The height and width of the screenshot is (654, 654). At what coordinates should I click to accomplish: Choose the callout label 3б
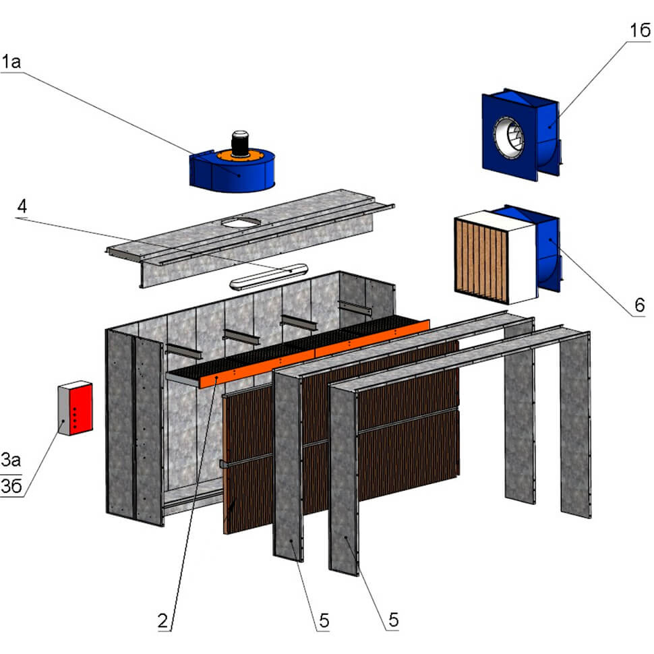tap(11, 486)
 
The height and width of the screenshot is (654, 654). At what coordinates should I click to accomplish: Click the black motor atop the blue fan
tap(239, 142)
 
